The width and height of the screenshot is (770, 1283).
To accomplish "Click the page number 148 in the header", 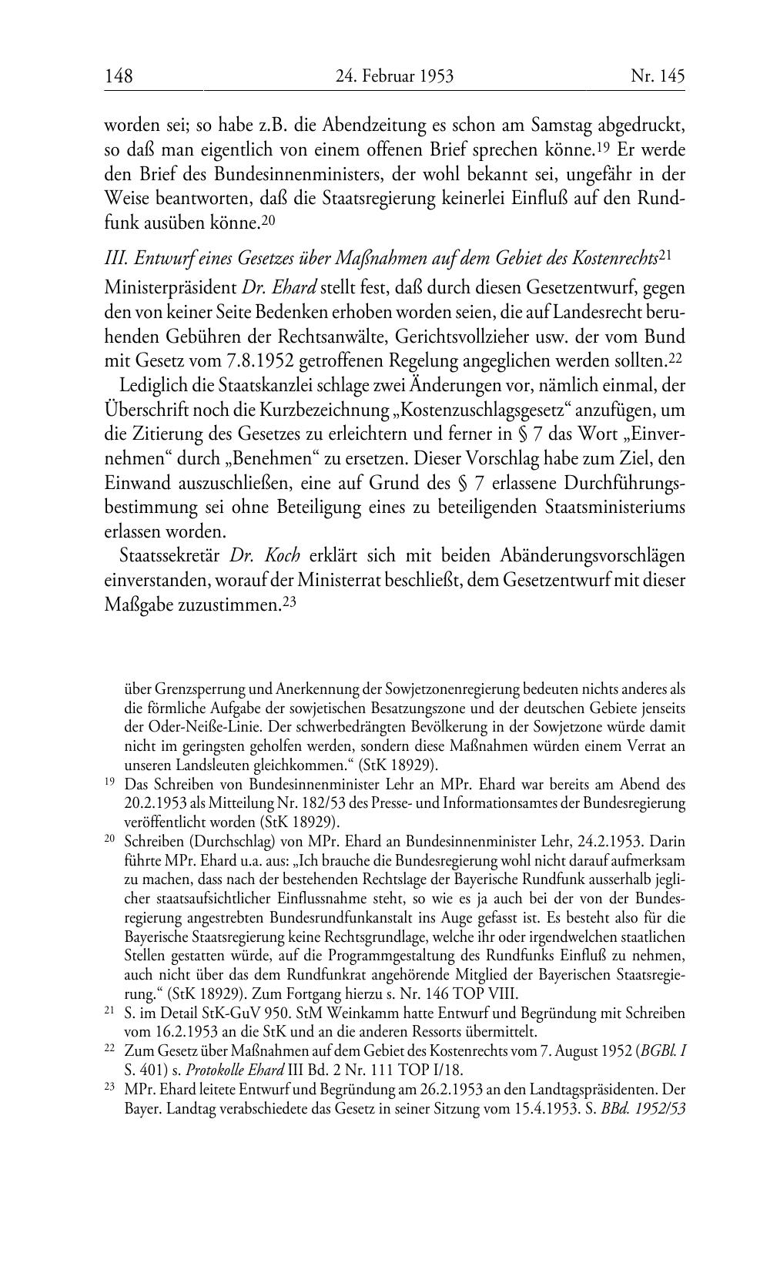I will (119, 76).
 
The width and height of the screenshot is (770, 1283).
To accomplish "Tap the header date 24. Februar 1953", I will (394, 76).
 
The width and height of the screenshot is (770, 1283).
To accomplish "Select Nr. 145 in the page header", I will (657, 76).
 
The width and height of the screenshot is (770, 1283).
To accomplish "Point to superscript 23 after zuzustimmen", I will (290, 601).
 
